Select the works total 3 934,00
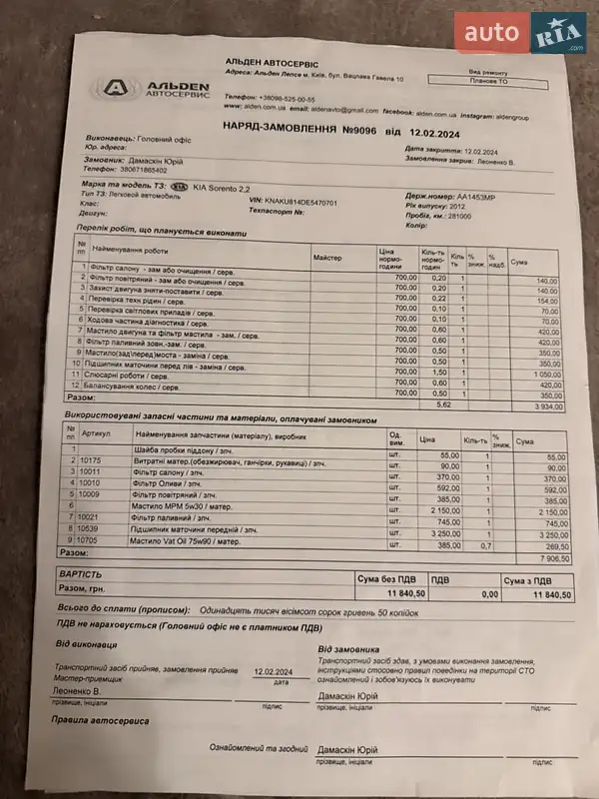(x=547, y=406)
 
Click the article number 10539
(x=91, y=532)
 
